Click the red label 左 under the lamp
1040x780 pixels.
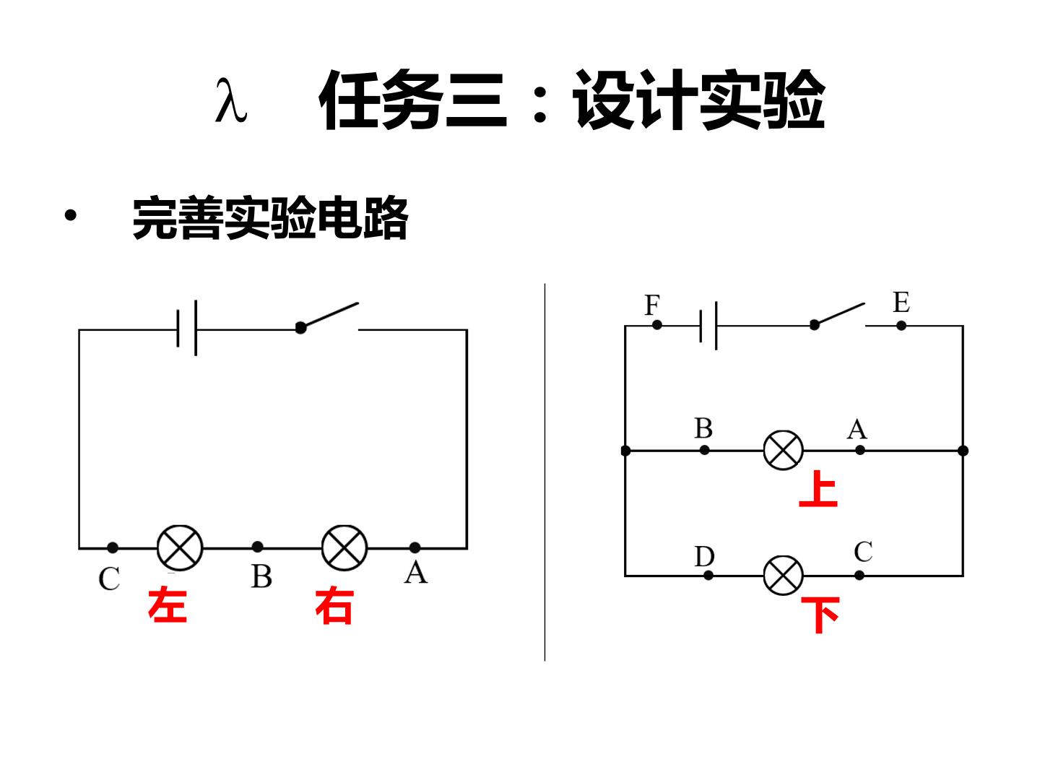(168, 604)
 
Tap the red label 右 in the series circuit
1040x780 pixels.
(334, 606)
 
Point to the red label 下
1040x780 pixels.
(820, 614)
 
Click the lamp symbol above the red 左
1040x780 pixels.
(180, 547)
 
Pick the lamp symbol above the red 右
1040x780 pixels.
(344, 547)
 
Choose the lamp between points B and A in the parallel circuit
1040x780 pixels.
(783, 450)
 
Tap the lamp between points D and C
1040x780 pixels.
(783, 576)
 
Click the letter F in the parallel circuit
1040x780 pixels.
(652, 305)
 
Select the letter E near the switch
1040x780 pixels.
(901, 302)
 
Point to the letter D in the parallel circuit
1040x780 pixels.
(704, 556)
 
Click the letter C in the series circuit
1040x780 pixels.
(109, 578)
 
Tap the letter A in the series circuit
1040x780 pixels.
(415, 572)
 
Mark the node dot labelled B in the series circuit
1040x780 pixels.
(257, 547)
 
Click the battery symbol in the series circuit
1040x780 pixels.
(186, 328)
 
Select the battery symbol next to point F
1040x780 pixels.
(708, 325)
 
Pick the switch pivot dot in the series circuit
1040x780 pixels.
(300, 328)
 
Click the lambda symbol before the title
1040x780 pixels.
(230, 100)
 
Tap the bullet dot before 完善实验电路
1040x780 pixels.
(71, 215)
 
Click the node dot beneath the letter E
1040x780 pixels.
(901, 326)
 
